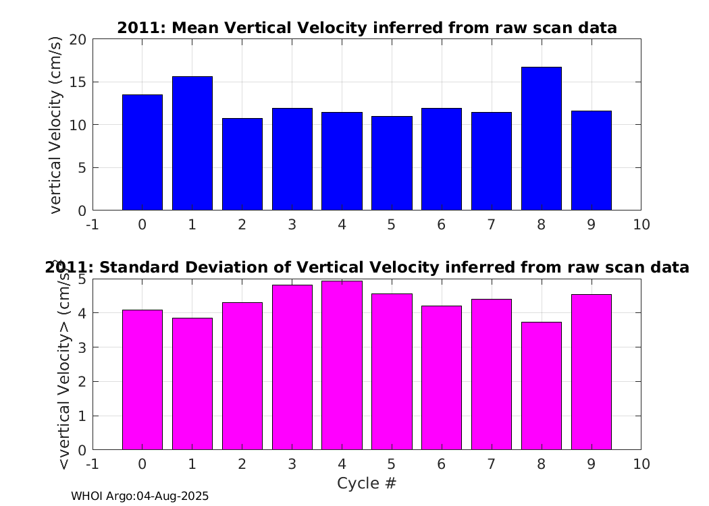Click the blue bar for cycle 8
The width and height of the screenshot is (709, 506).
pos(542,139)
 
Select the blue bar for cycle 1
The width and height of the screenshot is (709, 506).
pos(192,143)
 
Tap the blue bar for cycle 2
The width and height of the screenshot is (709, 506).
pos(242,165)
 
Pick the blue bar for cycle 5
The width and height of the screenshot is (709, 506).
pos(392,163)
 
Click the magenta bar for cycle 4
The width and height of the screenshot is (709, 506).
pos(342,366)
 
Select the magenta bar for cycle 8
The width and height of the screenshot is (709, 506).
pos(542,386)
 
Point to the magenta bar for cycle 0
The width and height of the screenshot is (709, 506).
pos(142,380)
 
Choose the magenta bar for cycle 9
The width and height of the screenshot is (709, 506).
pos(592,372)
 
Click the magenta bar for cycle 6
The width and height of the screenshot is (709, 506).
pos(442,378)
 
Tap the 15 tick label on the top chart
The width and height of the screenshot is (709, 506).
pos(78,82)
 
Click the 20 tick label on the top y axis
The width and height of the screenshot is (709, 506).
pos(78,40)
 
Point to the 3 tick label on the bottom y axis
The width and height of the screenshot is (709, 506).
pos(82,347)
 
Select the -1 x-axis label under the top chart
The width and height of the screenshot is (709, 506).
pos(93,225)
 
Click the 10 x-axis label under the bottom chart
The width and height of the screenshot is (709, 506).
pos(641,464)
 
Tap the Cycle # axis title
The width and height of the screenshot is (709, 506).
pos(367,483)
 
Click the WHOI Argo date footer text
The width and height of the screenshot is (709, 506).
pos(140,496)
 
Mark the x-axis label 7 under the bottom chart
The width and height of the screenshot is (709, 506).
pos(492,464)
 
